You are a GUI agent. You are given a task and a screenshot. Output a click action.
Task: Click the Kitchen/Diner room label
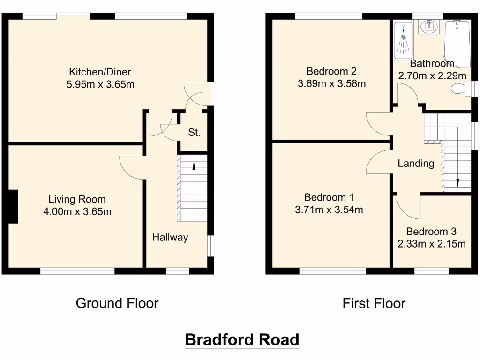(100, 72)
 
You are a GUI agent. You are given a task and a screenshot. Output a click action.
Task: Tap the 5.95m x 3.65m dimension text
(100, 85)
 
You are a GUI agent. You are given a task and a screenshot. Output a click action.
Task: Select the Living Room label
(77, 199)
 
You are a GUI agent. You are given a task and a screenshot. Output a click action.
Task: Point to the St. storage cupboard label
(194, 133)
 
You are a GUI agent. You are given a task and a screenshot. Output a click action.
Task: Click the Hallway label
(170, 238)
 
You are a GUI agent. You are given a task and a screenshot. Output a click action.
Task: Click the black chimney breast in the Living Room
(13, 206)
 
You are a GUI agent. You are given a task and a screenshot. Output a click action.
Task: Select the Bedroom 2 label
(331, 71)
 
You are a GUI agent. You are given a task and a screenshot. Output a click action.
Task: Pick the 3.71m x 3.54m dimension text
(329, 210)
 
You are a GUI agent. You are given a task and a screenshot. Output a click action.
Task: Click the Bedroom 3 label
(431, 232)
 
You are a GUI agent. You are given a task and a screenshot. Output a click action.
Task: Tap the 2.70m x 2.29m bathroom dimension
(432, 75)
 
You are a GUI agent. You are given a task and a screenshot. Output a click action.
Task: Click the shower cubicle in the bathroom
(402, 41)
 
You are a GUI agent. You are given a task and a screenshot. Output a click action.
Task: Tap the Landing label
(416, 164)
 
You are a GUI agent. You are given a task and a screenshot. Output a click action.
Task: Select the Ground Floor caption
(117, 303)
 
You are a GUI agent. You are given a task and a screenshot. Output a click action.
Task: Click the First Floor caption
(374, 303)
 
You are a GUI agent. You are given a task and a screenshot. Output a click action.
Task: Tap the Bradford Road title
(242, 339)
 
